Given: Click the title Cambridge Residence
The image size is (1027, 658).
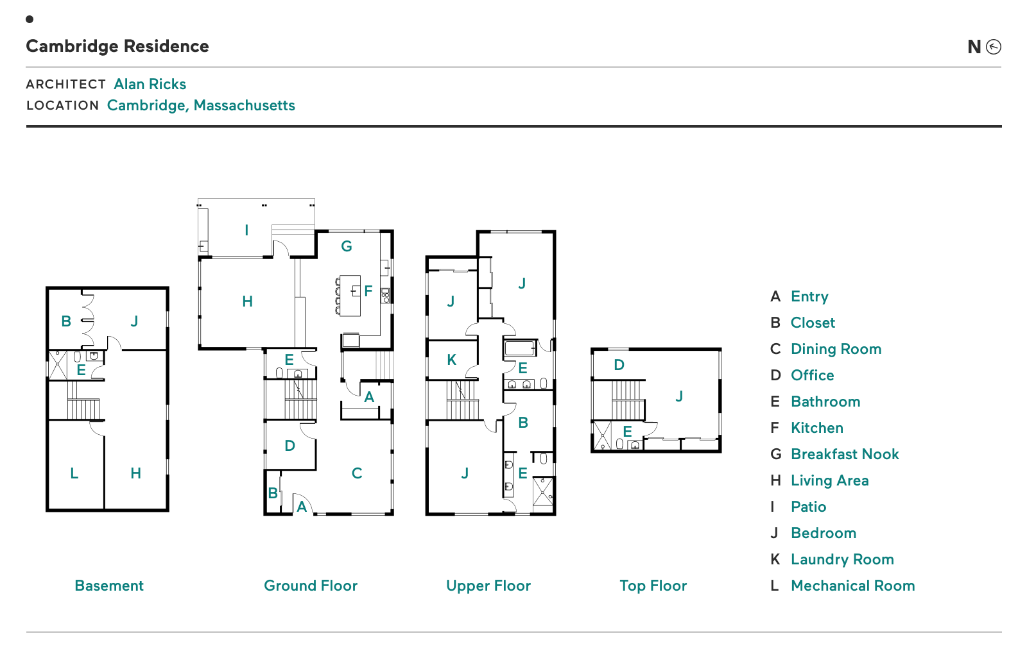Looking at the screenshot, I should [x=117, y=46].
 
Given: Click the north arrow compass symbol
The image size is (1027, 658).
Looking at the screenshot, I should [x=993, y=47].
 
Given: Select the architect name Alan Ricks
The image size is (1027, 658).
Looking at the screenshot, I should [x=150, y=84].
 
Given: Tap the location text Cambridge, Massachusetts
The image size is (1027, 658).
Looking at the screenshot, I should [x=201, y=105].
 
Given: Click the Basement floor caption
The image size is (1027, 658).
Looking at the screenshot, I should [x=109, y=586].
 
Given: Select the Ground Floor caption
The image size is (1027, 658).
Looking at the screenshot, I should [x=311, y=586].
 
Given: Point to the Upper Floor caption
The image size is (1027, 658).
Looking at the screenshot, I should [x=488, y=586].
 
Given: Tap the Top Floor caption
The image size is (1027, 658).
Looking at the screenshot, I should [x=653, y=586].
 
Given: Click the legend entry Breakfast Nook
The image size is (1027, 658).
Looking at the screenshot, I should [x=844, y=454].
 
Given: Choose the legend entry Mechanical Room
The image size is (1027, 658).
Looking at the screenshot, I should [x=852, y=586].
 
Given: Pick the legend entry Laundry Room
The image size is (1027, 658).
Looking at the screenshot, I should [x=841, y=559].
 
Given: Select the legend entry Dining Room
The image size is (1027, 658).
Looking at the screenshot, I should [x=836, y=349].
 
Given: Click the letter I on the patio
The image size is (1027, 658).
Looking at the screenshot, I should [x=246, y=230].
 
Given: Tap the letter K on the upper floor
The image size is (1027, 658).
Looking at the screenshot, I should [x=452, y=360].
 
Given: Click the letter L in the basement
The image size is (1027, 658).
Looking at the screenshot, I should [x=74, y=473].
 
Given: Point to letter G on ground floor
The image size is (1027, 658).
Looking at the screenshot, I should [x=347, y=246].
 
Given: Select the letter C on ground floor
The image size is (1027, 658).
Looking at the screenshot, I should [x=357, y=473].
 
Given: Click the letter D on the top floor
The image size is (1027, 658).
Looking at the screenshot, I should [x=619, y=365].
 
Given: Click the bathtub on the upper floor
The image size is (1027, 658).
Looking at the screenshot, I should [x=519, y=348].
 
